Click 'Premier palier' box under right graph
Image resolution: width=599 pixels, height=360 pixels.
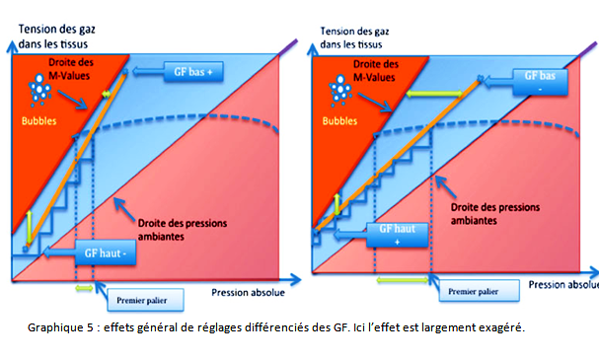[x=472, y=292]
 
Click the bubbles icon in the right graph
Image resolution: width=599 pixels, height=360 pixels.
[x=341, y=94]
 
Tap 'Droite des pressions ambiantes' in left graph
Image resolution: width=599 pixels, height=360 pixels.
[x=168, y=217]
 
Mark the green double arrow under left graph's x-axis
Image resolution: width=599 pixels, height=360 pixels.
[x=87, y=288]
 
